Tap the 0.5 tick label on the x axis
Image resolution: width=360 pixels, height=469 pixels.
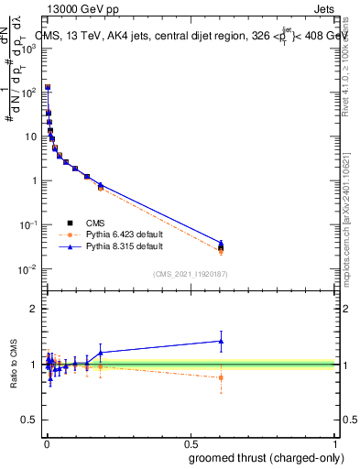[191, 443]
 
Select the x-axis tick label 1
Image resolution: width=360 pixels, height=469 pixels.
[335, 443]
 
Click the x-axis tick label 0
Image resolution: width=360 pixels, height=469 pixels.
[46, 443]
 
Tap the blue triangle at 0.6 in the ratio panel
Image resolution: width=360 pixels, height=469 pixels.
[221, 341]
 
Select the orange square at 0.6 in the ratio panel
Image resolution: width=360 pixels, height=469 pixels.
[221, 377]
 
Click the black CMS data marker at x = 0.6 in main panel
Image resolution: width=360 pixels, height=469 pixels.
[221, 247]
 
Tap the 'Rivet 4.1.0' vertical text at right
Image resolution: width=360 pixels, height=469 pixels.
[346, 69]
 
